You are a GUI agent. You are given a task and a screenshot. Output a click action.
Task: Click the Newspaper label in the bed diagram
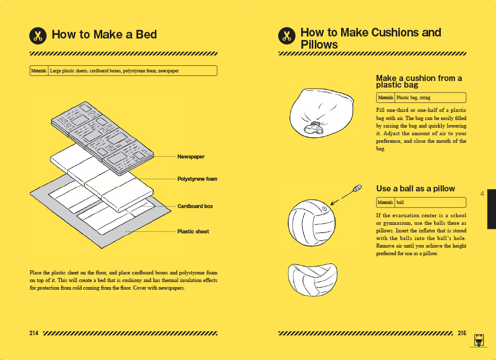coord(191,156)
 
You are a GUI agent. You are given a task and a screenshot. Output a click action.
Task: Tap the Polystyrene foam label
coord(197,179)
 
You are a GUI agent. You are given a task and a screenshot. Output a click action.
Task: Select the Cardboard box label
coord(195,206)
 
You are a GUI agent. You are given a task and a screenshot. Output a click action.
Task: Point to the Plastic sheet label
coord(193,231)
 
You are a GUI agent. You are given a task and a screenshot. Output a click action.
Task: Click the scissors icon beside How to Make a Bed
coord(38,35)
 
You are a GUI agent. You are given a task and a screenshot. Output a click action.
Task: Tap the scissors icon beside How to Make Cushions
coord(287,35)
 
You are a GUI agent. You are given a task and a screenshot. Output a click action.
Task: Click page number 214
coord(34,333)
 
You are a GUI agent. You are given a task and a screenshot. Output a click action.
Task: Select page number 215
coord(462,333)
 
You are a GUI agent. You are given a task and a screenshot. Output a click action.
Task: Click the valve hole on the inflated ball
coord(324,209)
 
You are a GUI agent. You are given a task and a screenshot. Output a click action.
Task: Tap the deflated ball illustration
coord(313,279)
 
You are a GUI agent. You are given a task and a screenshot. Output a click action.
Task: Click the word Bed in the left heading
coord(146,34)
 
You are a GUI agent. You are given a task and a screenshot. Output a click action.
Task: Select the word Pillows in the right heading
coord(319,45)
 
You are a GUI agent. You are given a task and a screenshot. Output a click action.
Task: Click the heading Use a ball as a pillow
coord(416,188)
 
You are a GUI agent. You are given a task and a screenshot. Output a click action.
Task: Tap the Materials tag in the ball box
coord(385,203)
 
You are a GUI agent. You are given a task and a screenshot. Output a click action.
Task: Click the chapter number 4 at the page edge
coord(482,193)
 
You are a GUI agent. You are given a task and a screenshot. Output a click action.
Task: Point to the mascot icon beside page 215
coord(479,340)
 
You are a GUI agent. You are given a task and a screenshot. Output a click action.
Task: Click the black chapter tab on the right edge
coord(491,209)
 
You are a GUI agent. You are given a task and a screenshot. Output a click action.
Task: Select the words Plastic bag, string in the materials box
coord(413,98)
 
